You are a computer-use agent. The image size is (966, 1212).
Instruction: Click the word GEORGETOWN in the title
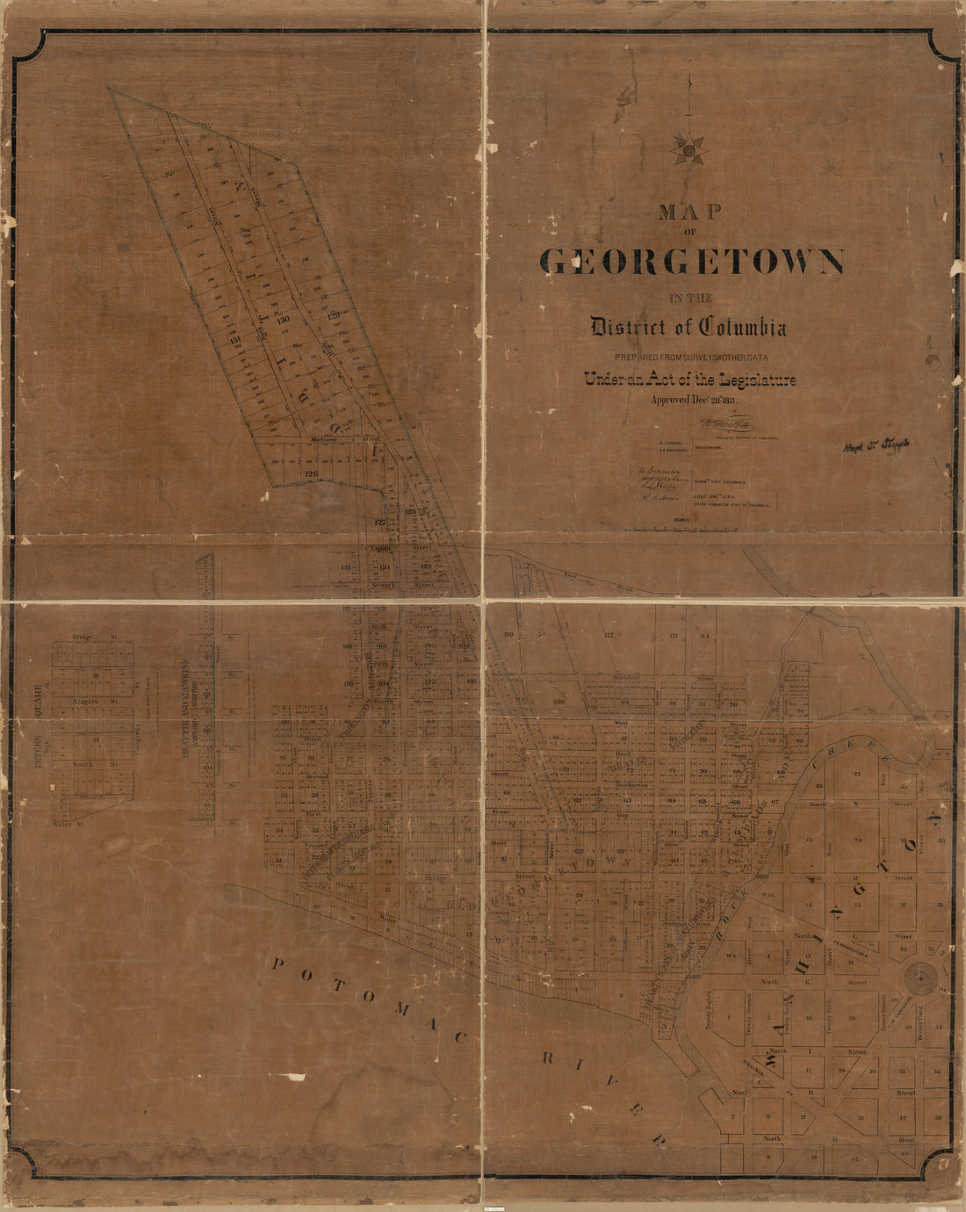(x=692, y=262)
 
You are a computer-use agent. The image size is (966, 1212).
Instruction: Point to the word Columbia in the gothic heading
(x=742, y=328)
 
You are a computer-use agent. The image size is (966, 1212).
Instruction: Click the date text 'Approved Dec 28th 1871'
(x=694, y=400)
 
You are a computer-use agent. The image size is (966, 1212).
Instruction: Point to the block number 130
(x=283, y=320)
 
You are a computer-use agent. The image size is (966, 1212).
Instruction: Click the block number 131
(x=234, y=341)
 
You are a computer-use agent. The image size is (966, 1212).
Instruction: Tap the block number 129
(x=334, y=314)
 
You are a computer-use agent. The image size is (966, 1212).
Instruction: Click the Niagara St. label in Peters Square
(x=95, y=702)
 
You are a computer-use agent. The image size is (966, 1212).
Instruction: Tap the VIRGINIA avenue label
(x=775, y=1064)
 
